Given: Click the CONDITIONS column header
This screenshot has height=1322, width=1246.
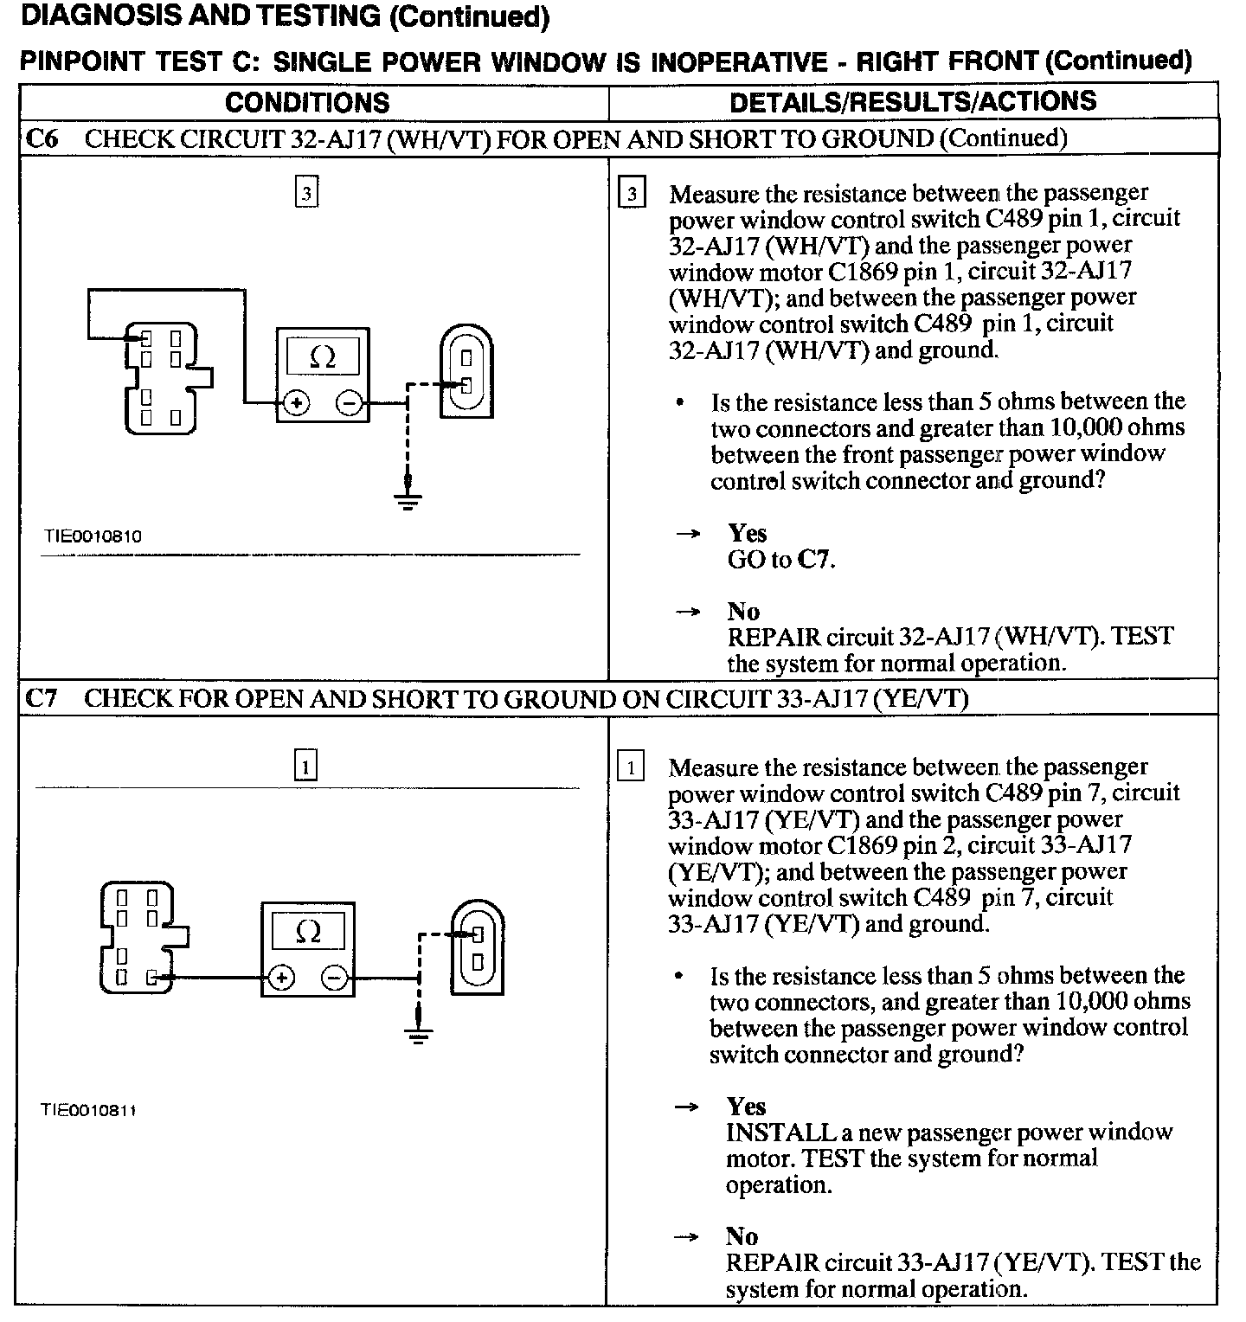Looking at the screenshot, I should (x=307, y=102).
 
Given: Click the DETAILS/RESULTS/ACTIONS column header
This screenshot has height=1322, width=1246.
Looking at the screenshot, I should (x=913, y=102).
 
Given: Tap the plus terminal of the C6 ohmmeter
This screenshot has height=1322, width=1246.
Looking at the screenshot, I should (x=296, y=402).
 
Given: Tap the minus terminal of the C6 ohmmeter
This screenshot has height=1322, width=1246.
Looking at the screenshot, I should (x=348, y=402).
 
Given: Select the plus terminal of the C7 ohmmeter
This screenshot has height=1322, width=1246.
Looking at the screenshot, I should (x=281, y=979).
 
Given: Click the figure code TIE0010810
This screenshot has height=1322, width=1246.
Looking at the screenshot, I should (x=93, y=536).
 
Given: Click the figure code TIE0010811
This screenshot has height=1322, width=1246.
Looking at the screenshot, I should (x=89, y=1110).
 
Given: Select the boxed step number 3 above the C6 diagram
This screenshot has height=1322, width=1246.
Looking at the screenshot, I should (x=306, y=192).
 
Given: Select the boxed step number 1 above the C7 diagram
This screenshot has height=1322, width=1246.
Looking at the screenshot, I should (x=306, y=766).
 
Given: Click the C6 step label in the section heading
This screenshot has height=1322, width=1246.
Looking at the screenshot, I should (x=42, y=139).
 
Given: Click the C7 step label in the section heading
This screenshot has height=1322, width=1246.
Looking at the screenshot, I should (x=41, y=698).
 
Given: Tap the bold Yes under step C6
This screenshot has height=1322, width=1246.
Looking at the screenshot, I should (x=747, y=532).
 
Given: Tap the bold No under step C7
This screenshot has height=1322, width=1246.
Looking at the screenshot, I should (x=742, y=1236).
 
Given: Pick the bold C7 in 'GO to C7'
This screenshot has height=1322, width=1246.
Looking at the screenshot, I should (x=815, y=560).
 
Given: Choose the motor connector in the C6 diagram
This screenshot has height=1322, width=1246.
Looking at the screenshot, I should (x=466, y=371).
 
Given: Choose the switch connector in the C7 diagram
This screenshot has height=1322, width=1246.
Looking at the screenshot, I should (x=142, y=938).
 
